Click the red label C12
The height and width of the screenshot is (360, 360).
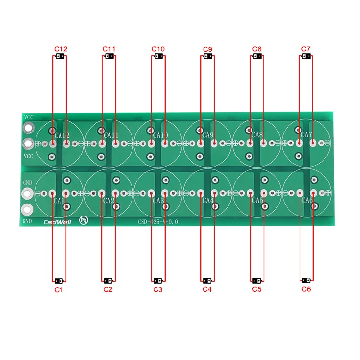[61, 49]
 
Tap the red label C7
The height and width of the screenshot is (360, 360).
[306, 49]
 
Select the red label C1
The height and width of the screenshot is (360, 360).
[59, 289]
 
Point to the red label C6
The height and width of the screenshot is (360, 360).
[306, 289]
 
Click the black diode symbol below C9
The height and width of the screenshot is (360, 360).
[207, 57]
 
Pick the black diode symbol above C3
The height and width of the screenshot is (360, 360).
[157, 280]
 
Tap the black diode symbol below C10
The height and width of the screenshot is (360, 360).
[158, 57]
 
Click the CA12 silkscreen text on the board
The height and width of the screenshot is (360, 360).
[62, 135]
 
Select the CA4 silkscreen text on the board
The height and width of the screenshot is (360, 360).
[207, 201]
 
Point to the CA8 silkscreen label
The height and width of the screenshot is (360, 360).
[257, 135]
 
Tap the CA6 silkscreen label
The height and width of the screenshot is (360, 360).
[307, 201]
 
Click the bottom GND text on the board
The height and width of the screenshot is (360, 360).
[27, 221]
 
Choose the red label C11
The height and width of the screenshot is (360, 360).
[109, 49]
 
